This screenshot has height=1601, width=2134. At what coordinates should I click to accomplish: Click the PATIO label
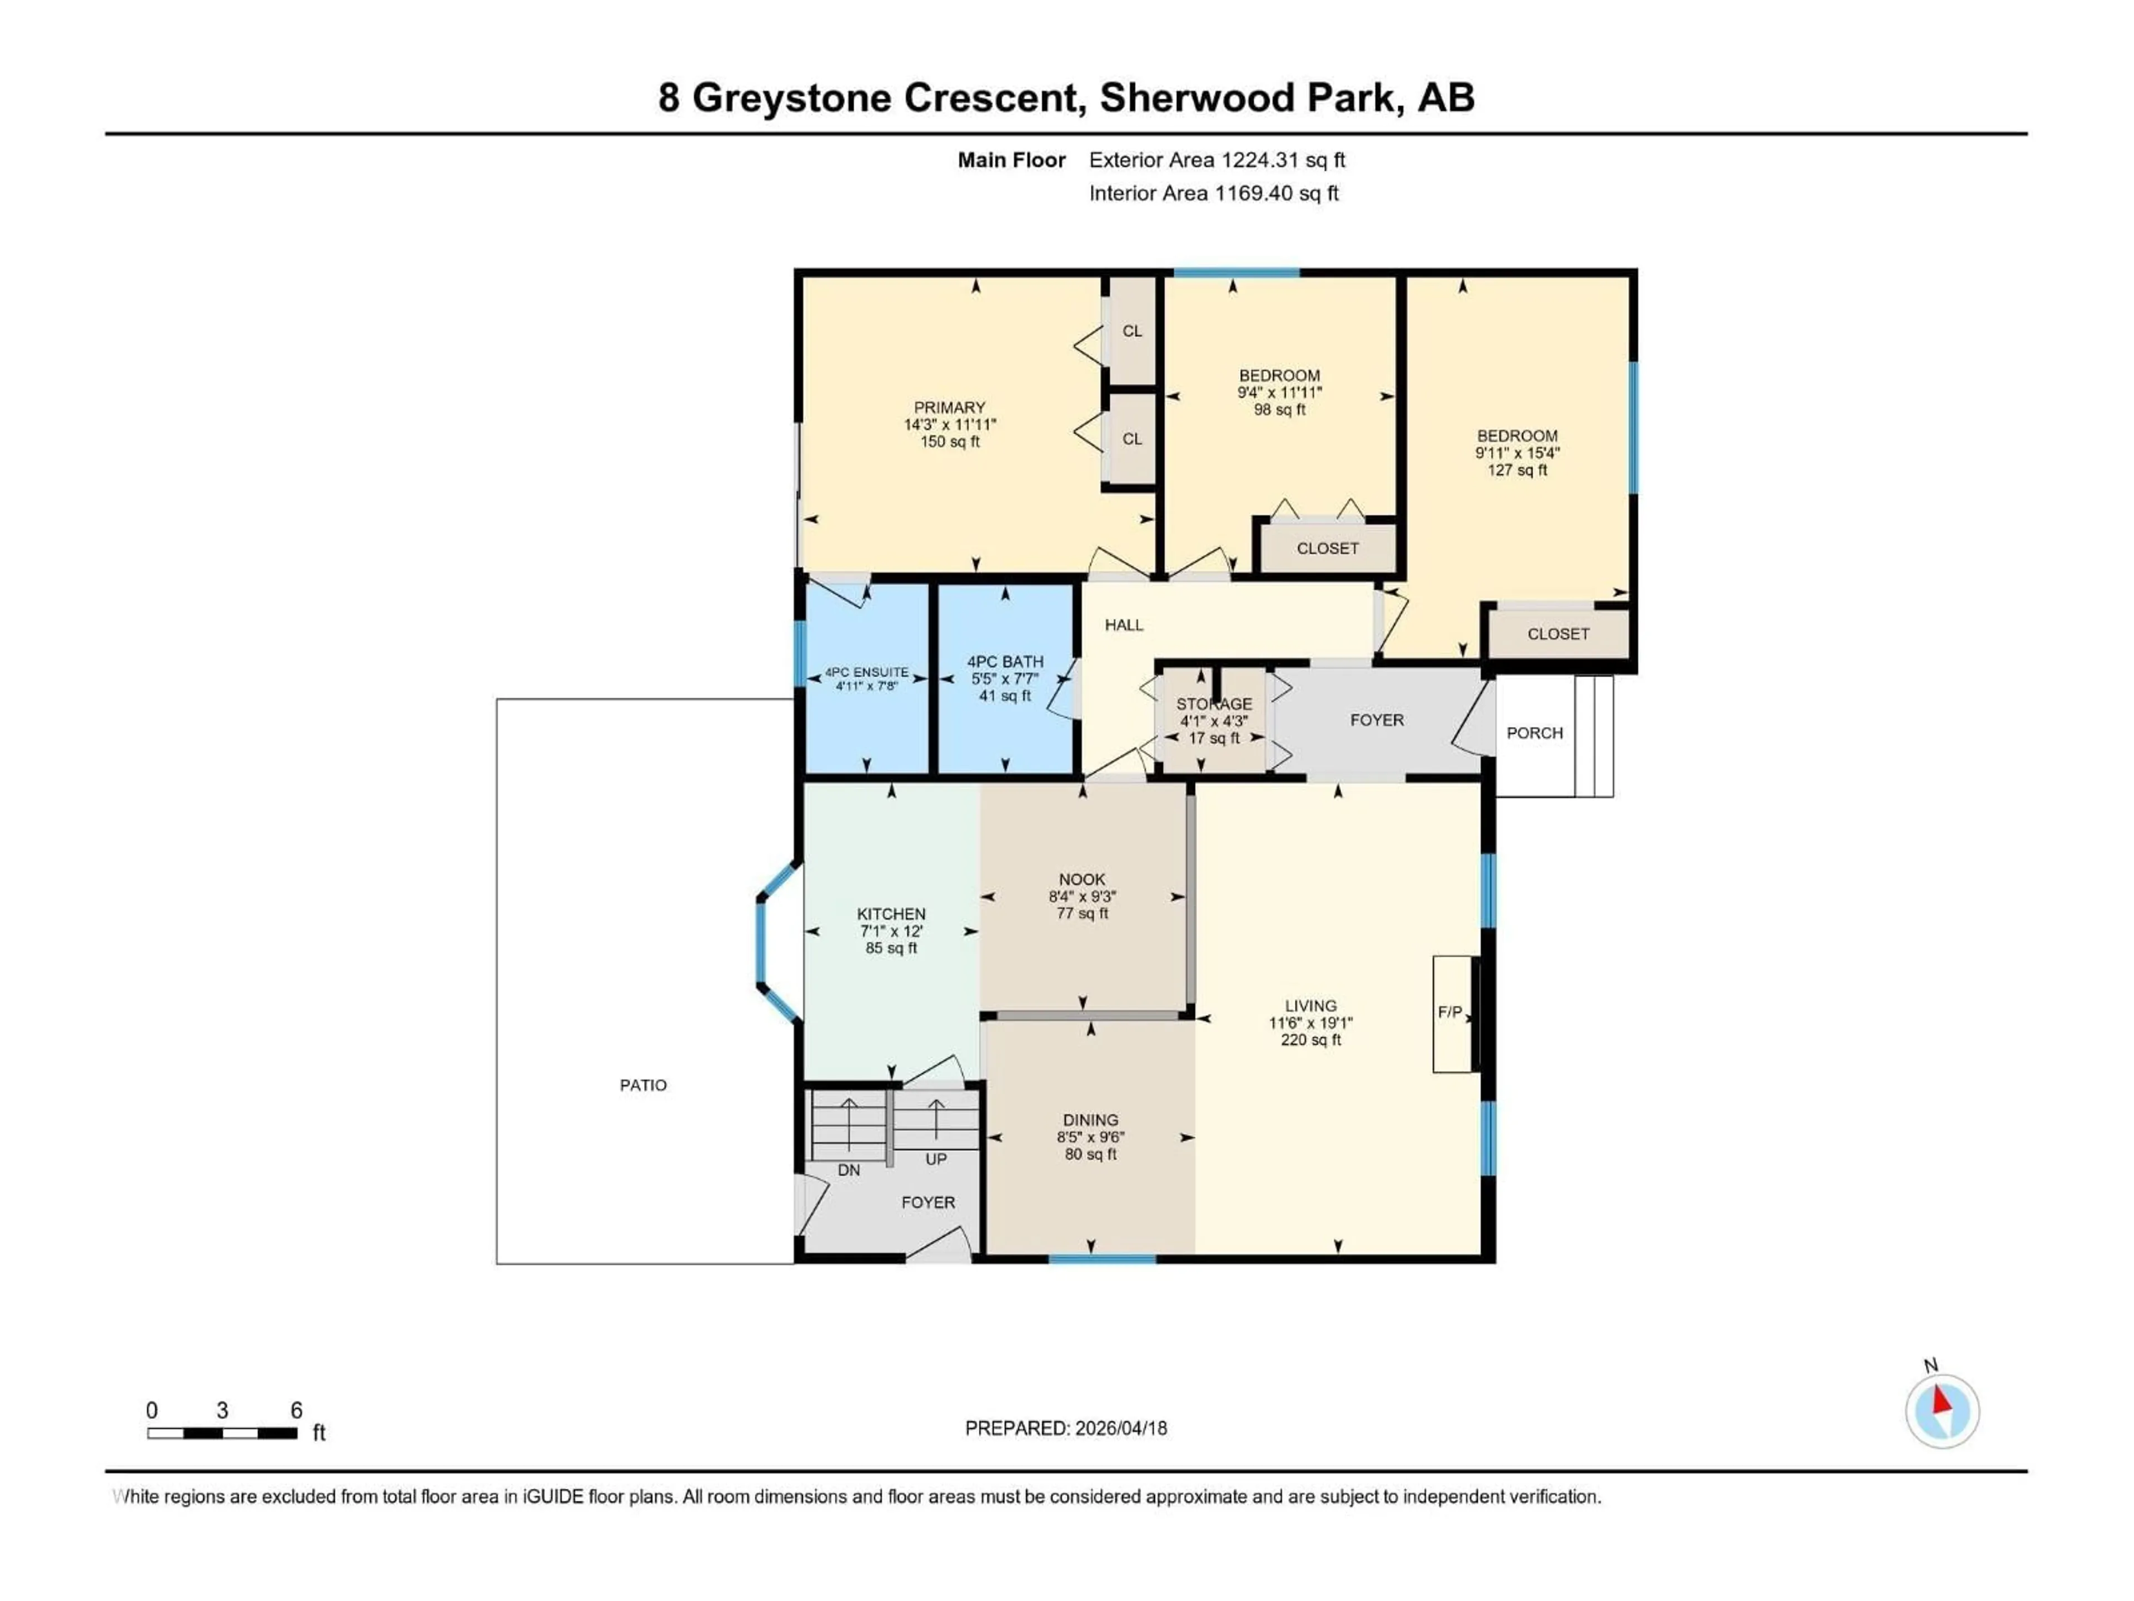point(642,1085)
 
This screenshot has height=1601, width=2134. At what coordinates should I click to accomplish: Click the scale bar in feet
point(222,1433)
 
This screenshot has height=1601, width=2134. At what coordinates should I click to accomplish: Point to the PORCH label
point(1534,733)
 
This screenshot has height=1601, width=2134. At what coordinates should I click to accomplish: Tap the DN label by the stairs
point(848,1170)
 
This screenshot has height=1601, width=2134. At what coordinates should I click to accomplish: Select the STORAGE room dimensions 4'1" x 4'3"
point(1214,721)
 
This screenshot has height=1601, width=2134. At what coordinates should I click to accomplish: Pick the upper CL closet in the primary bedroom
point(1131,331)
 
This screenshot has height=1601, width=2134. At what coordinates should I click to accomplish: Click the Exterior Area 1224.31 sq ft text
point(1216,160)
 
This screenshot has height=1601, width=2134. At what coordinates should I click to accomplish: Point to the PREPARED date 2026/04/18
point(1066,1428)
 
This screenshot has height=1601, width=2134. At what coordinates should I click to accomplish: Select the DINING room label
point(1090,1120)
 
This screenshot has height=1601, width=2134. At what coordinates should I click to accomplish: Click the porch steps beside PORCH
point(1594,735)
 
